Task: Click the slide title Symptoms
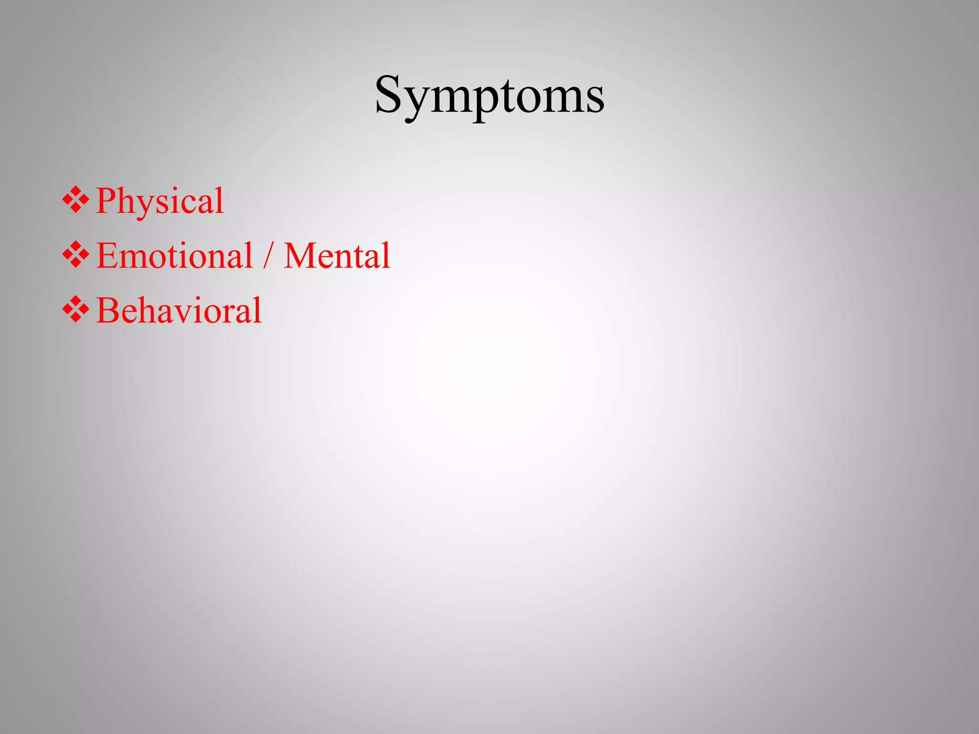click(x=489, y=96)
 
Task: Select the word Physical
click(x=160, y=201)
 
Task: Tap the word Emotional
click(x=174, y=256)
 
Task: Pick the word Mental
click(x=337, y=256)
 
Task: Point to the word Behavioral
click(x=179, y=311)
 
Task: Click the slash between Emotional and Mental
click(x=268, y=257)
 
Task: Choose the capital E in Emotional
click(x=107, y=256)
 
